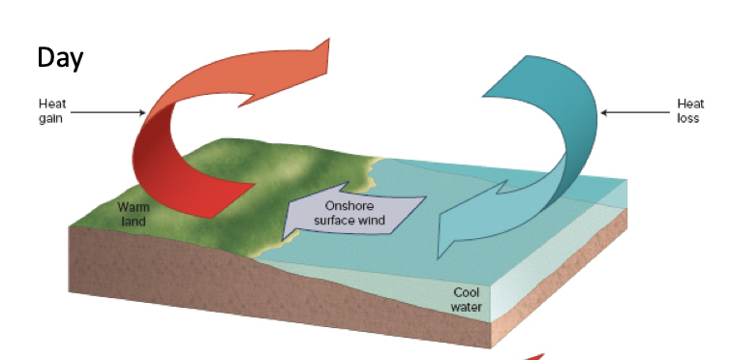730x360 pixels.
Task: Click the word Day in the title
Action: [x=60, y=57]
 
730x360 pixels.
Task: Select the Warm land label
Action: [x=133, y=213]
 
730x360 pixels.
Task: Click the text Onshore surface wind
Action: [x=350, y=214]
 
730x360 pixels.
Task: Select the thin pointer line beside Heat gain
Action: [x=106, y=112]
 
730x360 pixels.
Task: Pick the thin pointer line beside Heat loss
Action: [x=634, y=112]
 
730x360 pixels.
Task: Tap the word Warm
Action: [x=133, y=207]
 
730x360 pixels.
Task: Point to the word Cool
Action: [x=468, y=292]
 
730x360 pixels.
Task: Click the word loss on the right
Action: [x=689, y=118]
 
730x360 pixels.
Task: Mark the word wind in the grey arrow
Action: [x=372, y=221]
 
